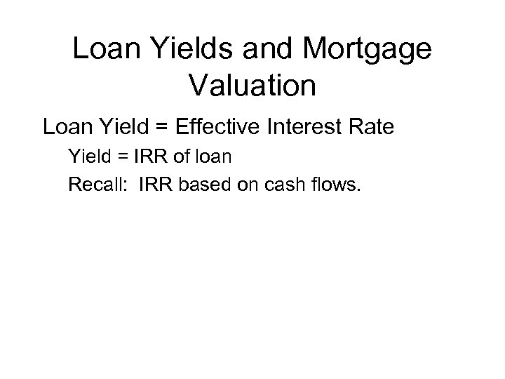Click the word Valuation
pos(252,86)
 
